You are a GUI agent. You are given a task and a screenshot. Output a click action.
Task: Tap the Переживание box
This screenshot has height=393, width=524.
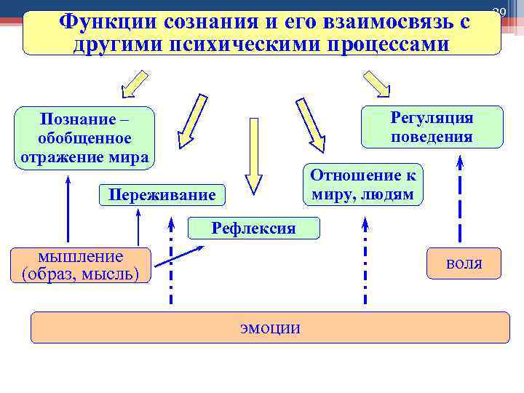tap(162, 195)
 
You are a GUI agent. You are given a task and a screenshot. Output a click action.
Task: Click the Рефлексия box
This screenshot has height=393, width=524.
tap(253, 229)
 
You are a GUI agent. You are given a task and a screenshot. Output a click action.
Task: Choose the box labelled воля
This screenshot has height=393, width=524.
tap(464, 263)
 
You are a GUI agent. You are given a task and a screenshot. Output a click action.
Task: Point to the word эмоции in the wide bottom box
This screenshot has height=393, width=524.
tap(270, 327)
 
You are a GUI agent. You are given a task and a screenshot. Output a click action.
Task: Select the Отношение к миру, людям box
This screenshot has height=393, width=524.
tap(362, 185)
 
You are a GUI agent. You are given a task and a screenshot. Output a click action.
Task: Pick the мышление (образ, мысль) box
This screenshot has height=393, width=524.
tap(82, 265)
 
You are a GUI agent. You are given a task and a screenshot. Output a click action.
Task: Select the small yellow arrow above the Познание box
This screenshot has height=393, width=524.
tap(135, 84)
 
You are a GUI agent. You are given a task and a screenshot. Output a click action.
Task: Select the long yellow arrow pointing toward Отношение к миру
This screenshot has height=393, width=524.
tap(311, 124)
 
